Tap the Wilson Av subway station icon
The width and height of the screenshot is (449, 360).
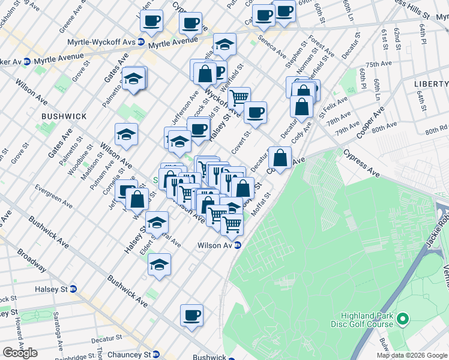point(237,245)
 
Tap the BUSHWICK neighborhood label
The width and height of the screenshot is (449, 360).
point(64,116)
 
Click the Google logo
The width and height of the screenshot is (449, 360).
point(20,353)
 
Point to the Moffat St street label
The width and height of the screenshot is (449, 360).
point(263,202)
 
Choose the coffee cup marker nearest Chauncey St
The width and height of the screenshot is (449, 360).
point(191,316)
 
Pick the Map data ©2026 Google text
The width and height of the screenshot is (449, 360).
point(412,355)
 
